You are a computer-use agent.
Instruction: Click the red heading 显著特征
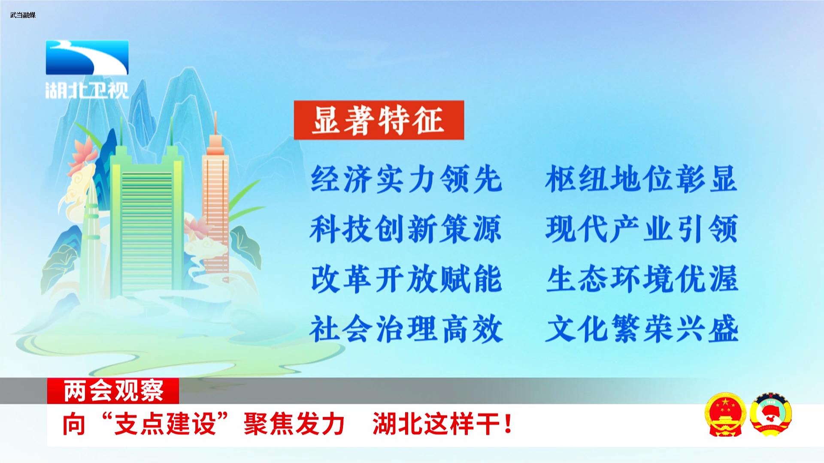click(x=379, y=120)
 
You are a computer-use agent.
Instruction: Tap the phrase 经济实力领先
click(x=406, y=178)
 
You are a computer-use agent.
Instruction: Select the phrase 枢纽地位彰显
click(x=642, y=178)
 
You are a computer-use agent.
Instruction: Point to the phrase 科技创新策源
click(x=406, y=228)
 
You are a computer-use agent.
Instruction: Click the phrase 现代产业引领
click(x=642, y=228)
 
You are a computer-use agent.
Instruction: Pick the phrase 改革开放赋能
click(x=406, y=279)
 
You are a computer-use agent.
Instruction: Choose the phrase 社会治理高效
click(x=406, y=329)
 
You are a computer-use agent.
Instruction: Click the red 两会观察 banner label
click(x=113, y=391)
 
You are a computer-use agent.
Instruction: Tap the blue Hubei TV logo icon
click(x=87, y=57)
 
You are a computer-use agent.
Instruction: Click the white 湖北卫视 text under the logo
click(x=87, y=90)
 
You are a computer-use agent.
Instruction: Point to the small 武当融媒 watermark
click(x=23, y=15)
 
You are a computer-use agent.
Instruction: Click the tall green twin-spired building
click(x=147, y=219)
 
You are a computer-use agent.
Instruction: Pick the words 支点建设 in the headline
click(x=164, y=424)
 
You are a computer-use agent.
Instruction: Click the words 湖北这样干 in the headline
click(x=436, y=424)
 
